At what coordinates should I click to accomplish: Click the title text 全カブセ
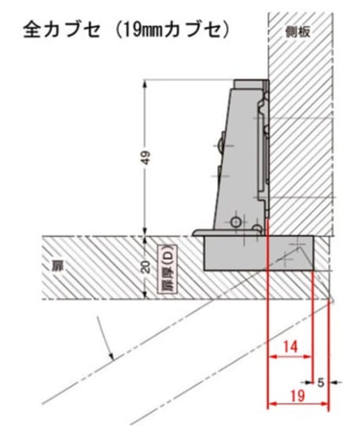62,30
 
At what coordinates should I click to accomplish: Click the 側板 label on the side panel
298,32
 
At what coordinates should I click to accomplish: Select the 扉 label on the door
58,266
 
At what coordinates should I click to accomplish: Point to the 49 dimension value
146,158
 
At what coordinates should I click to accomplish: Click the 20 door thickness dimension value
146,267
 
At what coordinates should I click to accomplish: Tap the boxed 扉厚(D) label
167,269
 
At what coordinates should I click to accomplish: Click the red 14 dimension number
290,347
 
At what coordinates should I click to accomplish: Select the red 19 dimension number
298,396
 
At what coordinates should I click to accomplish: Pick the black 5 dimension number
320,383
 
